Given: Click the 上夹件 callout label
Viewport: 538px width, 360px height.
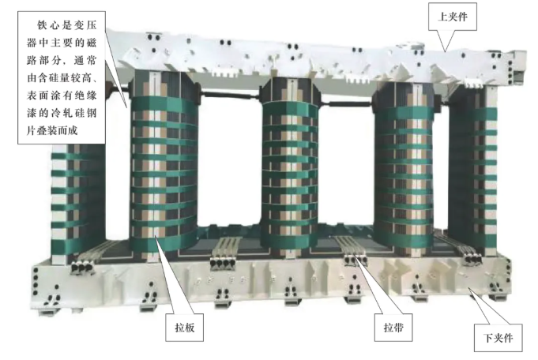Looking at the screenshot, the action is point(452,17).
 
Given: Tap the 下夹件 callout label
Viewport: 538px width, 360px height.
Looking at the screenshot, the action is point(498,338).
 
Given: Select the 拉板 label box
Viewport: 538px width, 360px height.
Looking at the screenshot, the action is point(185,328).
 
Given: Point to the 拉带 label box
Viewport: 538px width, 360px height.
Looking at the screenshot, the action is point(393,328).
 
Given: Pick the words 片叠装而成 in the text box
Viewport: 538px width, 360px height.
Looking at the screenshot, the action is point(52,130).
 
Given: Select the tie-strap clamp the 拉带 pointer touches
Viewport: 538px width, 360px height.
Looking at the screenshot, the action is point(356,261).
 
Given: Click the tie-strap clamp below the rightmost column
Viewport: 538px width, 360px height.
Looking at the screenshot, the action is point(472,259).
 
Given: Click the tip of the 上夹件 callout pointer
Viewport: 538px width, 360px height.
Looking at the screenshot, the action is point(446,51).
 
